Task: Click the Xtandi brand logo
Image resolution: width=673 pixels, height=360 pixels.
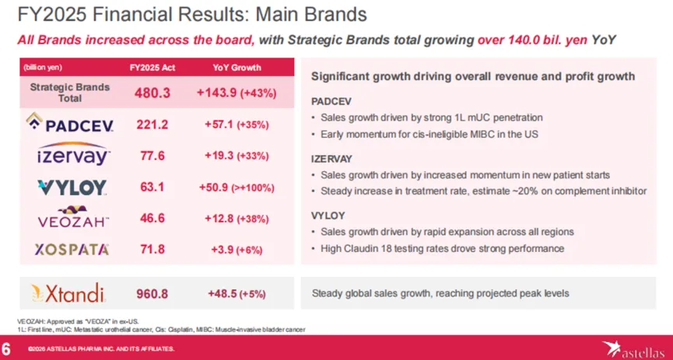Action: tap(70, 293)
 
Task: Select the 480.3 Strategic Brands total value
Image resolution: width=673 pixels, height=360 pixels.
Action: tap(151, 93)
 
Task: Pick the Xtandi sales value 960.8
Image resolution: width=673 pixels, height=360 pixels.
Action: tap(151, 294)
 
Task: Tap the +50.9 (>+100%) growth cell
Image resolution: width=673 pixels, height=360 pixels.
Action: tap(237, 187)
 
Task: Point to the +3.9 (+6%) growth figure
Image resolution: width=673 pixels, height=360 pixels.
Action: tap(237, 249)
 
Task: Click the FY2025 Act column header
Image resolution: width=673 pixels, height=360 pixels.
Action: tap(151, 68)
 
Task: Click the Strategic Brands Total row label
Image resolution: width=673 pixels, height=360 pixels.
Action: tap(70, 93)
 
